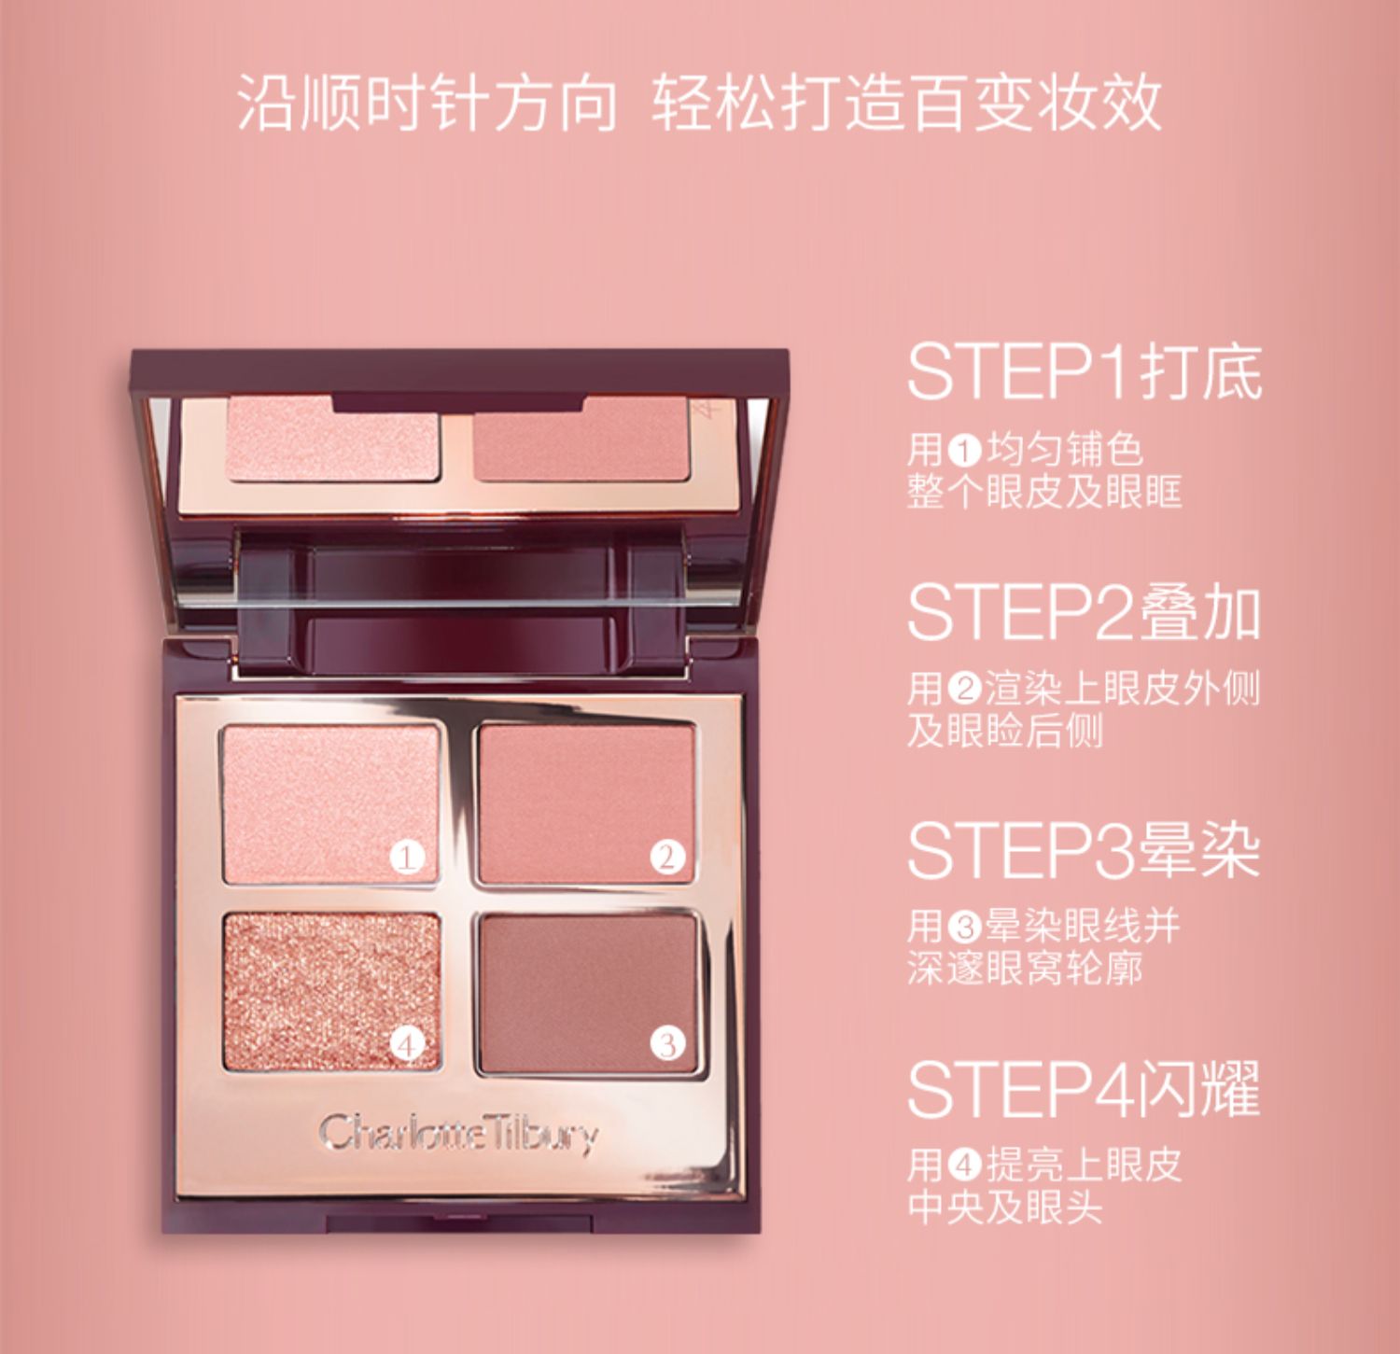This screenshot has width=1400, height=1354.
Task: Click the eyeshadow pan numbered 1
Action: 331,803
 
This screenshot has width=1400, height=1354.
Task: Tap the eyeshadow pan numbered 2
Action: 586,803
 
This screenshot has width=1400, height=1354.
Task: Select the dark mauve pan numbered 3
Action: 588,993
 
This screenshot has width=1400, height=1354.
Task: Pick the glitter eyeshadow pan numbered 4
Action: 331,991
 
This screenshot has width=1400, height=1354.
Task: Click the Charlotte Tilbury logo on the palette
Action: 458,1133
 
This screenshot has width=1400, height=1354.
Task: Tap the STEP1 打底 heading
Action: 1084,372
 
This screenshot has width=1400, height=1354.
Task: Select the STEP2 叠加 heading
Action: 1084,612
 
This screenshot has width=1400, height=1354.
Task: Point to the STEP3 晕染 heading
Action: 1084,850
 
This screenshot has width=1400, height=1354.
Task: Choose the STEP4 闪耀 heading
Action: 1084,1088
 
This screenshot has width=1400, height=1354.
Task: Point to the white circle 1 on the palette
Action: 407,857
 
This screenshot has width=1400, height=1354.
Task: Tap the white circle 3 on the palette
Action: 667,1044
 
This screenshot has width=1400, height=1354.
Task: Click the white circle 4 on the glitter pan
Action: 407,1044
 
